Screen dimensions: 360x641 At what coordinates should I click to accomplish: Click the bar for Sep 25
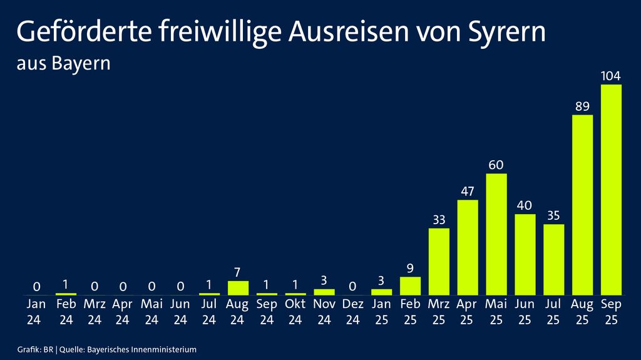pyautogui.click(x=611, y=190)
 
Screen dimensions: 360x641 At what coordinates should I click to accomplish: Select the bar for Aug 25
pyautogui.click(x=582, y=205)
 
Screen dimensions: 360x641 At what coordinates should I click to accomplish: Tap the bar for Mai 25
pyautogui.click(x=496, y=234)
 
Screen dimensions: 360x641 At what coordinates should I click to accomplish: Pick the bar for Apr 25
pyautogui.click(x=468, y=247)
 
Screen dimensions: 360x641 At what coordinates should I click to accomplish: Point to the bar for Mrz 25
pyautogui.click(x=439, y=262)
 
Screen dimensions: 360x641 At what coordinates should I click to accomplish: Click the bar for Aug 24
pyautogui.click(x=238, y=288)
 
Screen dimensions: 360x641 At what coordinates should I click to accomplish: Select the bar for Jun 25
pyautogui.click(x=525, y=254)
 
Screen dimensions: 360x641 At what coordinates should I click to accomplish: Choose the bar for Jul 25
pyautogui.click(x=554, y=259)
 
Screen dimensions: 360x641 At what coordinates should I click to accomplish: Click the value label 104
pyautogui.click(x=611, y=76)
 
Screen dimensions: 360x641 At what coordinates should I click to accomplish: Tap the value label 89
pyautogui.click(x=582, y=106)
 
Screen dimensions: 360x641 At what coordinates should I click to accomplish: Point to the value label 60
pyautogui.click(x=496, y=165)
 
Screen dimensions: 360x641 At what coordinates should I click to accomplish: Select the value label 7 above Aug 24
pyautogui.click(x=238, y=273)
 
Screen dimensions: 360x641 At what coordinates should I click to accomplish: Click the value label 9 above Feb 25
pyautogui.click(x=410, y=269)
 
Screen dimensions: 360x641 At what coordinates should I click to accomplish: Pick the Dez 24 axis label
pyautogui.click(x=352, y=312)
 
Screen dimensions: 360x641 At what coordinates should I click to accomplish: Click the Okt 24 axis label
pyautogui.click(x=295, y=312)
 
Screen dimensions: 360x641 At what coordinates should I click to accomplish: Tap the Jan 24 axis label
pyautogui.click(x=37, y=312)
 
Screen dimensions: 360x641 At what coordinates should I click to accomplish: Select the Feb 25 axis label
pyautogui.click(x=410, y=312)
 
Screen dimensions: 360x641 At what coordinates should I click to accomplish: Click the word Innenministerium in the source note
pyautogui.click(x=166, y=349)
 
